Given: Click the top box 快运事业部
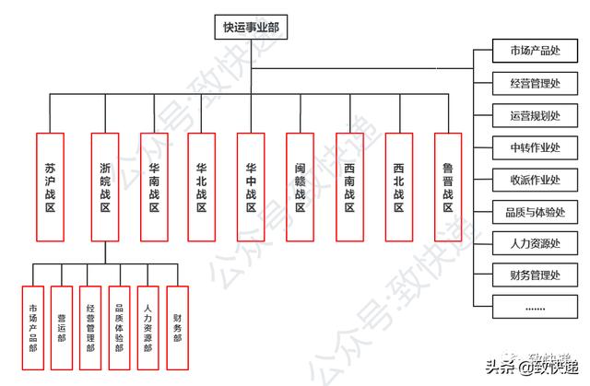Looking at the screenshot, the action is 250,28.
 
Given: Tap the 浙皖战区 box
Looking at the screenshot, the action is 106,186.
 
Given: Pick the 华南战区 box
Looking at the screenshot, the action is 154,186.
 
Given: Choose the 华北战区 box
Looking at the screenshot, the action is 202,186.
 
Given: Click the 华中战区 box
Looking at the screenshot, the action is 251,186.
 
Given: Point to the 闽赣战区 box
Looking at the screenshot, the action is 300,186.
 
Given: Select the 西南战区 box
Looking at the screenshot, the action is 349,186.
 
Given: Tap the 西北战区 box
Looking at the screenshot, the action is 398,186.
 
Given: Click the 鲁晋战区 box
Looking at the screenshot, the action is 448,186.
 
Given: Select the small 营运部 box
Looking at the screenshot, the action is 62,327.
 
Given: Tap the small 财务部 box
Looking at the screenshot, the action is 177,327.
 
